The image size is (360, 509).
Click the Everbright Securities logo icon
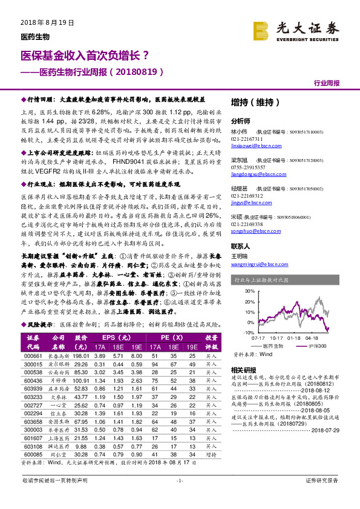[261, 30]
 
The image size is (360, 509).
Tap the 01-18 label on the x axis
[294, 338]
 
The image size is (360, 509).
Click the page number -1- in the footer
[179, 496]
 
